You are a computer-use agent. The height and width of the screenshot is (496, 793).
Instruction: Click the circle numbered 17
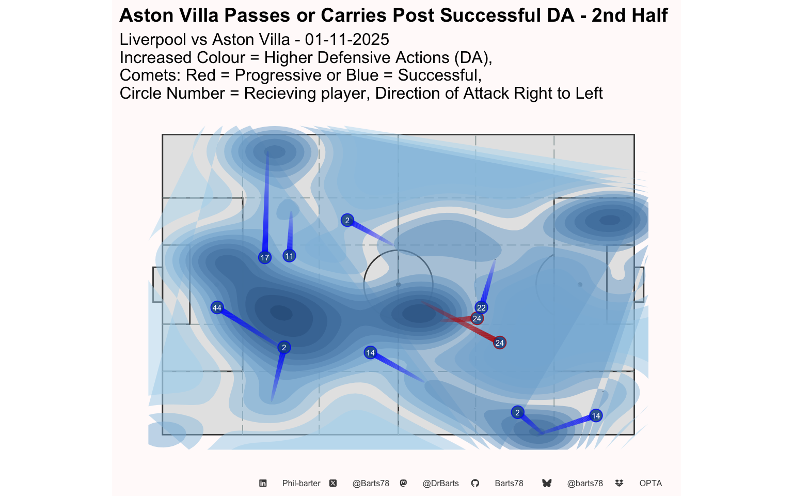coord(265,257)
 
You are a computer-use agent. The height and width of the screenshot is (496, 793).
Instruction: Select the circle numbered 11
coord(289,256)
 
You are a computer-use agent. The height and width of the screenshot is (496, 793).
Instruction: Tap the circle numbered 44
coord(217,308)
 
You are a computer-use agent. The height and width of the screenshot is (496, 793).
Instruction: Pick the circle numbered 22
coord(481,307)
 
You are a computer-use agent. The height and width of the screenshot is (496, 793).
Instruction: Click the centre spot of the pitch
coord(398,285)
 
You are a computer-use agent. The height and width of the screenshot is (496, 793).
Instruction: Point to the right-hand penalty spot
coord(580,285)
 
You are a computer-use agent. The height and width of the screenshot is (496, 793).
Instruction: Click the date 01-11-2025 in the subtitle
coord(347,40)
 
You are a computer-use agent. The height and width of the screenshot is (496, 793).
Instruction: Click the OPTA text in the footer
coord(651,484)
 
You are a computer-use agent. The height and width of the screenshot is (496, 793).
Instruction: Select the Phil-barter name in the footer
coord(301,484)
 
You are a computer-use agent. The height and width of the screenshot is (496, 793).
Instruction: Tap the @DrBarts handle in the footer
coord(440,484)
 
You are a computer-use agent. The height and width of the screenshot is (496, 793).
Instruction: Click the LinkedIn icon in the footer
coord(263,484)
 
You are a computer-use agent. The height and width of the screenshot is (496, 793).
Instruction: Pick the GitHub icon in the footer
coord(475,484)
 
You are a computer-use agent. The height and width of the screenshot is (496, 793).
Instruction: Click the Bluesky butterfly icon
coord(547,484)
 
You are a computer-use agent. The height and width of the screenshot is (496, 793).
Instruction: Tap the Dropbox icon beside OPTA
coord(620,484)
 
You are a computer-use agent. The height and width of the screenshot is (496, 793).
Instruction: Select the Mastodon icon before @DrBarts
coord(403,484)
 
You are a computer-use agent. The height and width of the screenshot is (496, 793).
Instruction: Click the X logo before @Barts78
coord(333,484)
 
